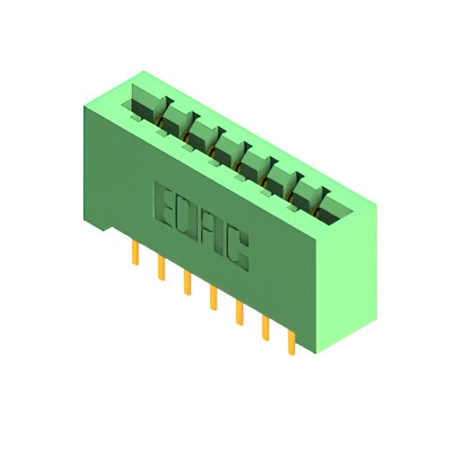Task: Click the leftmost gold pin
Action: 135,253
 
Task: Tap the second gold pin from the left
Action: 161,268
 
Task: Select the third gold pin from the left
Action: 187,283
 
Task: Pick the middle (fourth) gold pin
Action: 214,298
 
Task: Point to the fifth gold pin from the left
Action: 240,313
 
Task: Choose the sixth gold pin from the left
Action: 265,328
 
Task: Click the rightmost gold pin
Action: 292,343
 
